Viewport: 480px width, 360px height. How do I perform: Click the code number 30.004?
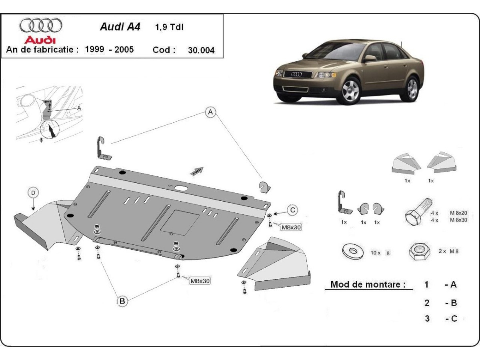201,50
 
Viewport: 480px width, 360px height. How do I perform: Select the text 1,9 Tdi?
169,28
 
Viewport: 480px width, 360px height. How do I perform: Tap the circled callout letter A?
210,113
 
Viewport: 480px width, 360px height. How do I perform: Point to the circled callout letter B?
122,301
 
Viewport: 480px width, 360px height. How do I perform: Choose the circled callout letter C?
293,210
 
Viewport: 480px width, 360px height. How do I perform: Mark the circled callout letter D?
33,193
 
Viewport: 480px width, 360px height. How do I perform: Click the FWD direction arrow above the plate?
197,171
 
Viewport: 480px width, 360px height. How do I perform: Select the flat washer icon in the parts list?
352,252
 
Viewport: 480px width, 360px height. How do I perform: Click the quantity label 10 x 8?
380,253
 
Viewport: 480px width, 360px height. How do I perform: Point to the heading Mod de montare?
368,285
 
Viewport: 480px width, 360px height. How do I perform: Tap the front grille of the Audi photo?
298,74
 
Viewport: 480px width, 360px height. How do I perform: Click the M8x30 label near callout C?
291,227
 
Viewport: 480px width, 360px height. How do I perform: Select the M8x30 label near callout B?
200,281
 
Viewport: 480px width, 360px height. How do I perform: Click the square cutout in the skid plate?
180,222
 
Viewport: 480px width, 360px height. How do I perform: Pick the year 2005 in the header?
124,50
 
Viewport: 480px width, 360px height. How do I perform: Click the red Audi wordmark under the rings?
40,40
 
